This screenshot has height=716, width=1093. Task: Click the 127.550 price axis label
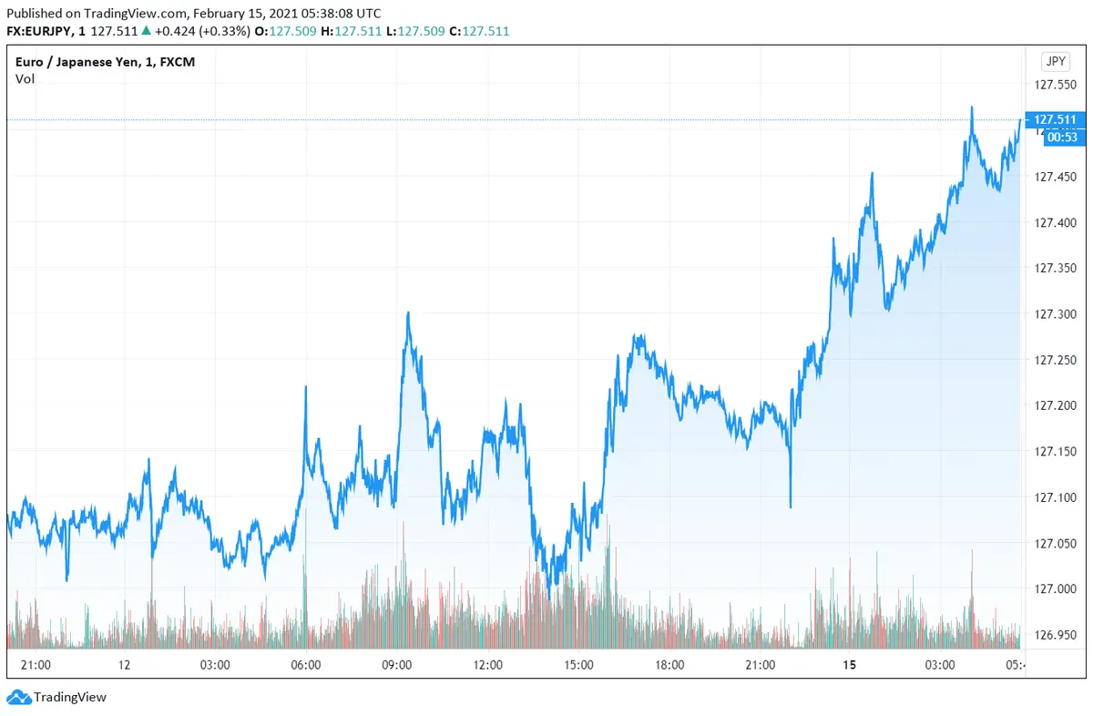tap(1055, 85)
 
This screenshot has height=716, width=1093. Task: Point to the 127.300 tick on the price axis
tap(1055, 313)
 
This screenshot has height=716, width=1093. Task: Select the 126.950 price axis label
tap(1055, 634)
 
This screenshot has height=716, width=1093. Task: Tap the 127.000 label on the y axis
tap(1055, 588)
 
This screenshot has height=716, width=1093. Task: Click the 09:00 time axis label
tap(397, 665)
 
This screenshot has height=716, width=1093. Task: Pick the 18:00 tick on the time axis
tap(669, 665)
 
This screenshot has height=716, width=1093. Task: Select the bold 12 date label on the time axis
tap(124, 665)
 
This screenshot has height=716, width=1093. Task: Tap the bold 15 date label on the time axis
tap(850, 665)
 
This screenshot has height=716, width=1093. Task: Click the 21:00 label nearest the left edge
tap(35, 665)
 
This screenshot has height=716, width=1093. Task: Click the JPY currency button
tap(1055, 62)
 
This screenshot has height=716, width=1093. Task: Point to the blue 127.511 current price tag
tap(1055, 119)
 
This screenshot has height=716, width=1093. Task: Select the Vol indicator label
tap(25, 78)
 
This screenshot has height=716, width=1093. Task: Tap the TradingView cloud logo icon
tap(16, 698)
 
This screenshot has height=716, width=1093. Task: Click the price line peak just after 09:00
tap(408, 313)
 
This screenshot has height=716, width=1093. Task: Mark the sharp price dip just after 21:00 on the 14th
tap(791, 506)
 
